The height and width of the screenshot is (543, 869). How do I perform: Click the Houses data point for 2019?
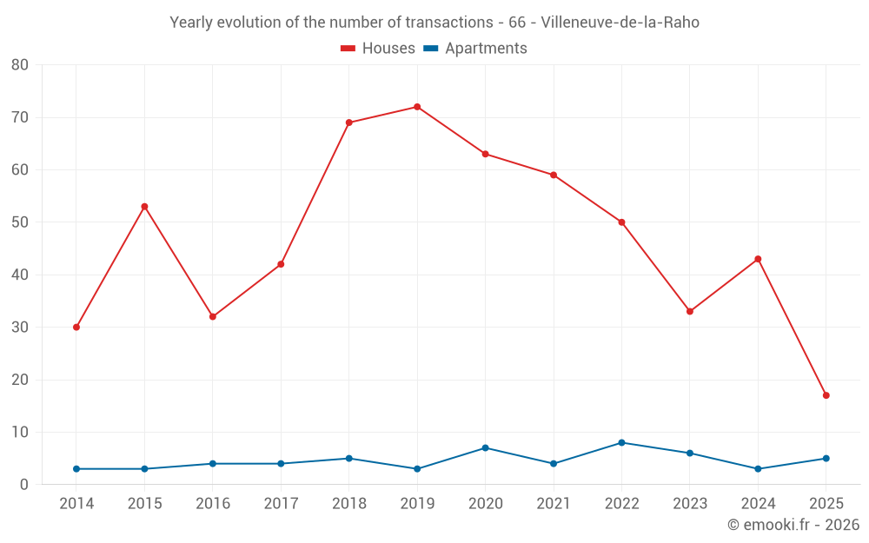click(417, 107)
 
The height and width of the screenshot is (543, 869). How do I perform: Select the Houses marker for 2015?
click(144, 207)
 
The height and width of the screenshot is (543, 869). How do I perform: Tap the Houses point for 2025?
click(826, 395)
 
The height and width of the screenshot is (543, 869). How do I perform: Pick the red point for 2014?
click(76, 328)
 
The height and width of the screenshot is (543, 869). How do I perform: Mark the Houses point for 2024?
click(758, 259)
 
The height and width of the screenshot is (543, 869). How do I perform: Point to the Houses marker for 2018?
click(348, 123)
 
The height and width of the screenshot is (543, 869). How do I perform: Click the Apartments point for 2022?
click(621, 443)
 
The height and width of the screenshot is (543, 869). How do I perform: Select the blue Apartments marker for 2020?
click(485, 448)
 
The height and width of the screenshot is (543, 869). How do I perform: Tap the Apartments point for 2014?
click(76, 469)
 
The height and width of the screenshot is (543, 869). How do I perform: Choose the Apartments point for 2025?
click(826, 459)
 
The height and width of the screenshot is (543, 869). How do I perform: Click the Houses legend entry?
click(378, 49)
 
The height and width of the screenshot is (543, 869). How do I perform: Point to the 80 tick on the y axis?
click(20, 65)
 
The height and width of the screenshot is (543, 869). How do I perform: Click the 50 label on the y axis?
click(20, 222)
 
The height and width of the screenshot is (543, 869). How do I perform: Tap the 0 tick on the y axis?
click(24, 485)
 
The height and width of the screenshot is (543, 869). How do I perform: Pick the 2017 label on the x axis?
click(281, 504)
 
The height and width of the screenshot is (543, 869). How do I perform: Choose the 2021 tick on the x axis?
click(554, 504)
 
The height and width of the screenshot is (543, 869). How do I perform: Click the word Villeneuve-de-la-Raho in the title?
click(620, 23)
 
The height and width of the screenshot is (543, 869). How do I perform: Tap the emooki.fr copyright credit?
click(793, 525)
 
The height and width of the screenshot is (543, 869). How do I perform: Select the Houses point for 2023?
click(690, 311)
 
